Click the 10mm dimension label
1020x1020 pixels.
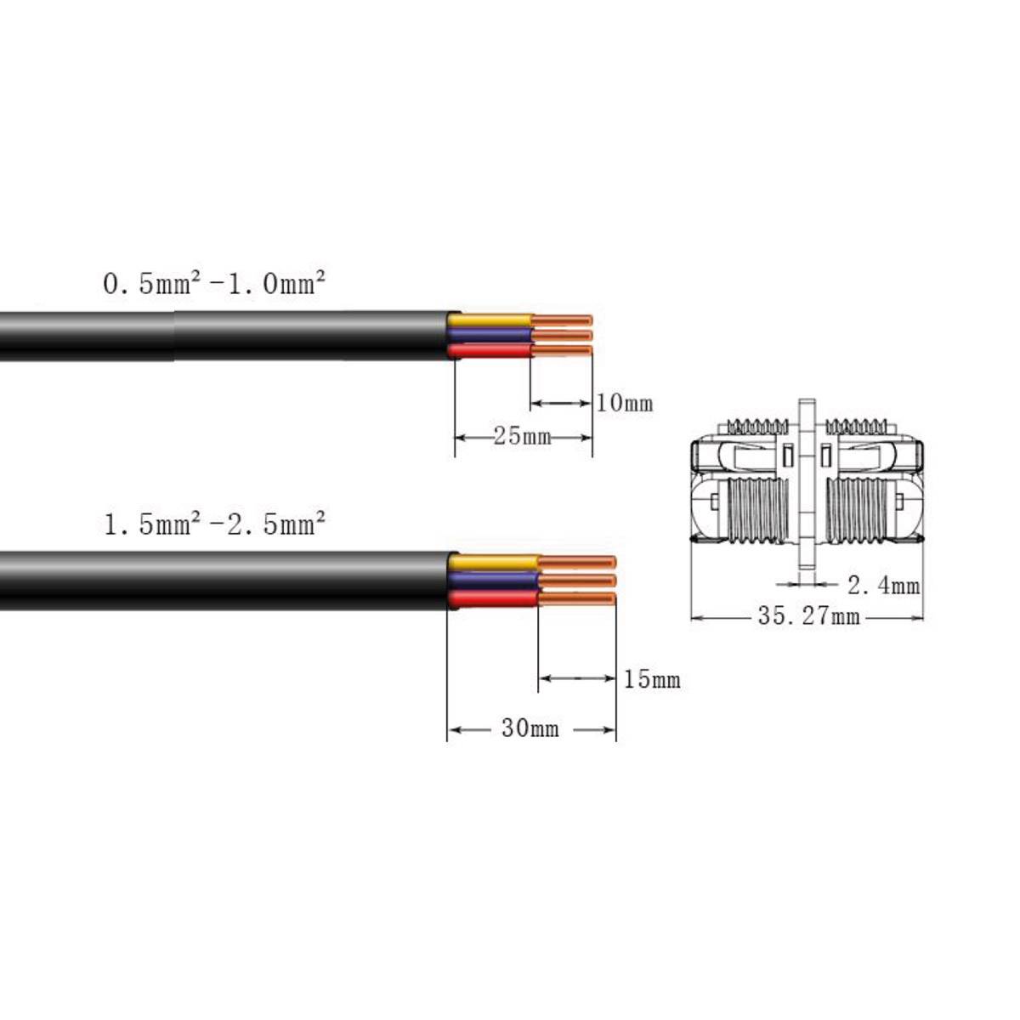[x=625, y=404]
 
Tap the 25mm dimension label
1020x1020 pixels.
[x=523, y=437]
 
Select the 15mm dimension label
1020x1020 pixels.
[x=652, y=680]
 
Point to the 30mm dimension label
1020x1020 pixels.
[x=530, y=728]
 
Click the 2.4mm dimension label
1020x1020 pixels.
[x=883, y=586]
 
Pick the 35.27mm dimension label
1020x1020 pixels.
[x=809, y=616]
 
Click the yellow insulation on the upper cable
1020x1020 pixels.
[x=490, y=320]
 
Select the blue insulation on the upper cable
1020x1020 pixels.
[x=490, y=335]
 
